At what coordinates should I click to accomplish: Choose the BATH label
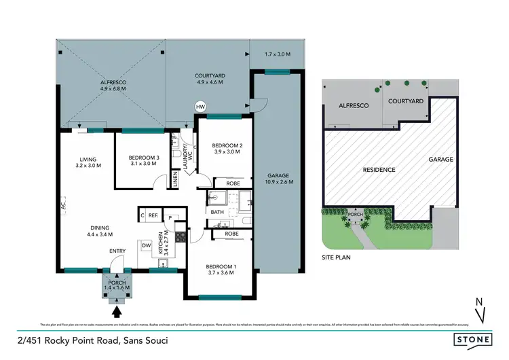click(217, 212)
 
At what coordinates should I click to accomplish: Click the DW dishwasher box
click(146, 245)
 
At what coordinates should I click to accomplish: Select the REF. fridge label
click(154, 215)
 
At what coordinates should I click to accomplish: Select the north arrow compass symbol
click(480, 310)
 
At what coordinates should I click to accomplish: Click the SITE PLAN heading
click(337, 257)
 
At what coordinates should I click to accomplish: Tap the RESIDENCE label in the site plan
click(379, 169)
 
